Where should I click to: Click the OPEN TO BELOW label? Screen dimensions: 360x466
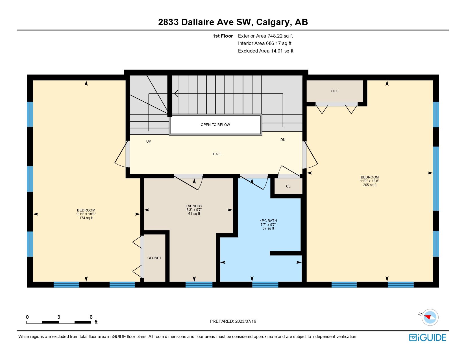click(x=215, y=125)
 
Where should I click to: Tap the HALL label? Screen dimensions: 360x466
click(x=217, y=154)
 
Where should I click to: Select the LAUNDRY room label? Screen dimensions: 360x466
click(x=194, y=206)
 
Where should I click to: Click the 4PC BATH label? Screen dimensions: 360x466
click(x=268, y=221)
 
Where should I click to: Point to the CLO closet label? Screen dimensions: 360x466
click(x=335, y=91)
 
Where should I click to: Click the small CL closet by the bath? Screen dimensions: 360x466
click(x=288, y=186)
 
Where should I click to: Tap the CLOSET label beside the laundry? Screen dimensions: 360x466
click(x=154, y=258)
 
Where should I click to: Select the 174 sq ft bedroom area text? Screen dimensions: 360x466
click(x=86, y=218)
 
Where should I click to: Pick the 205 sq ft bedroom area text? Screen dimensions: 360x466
click(x=370, y=185)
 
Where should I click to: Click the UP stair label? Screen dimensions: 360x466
click(x=149, y=141)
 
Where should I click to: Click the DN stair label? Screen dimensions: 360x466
click(x=283, y=139)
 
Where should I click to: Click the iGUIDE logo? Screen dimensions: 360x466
click(x=428, y=337)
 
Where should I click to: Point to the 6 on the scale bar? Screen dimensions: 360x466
click(x=91, y=317)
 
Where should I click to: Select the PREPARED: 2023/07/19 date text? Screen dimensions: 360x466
click(x=233, y=321)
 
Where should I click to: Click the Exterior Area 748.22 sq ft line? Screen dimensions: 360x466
click(x=265, y=36)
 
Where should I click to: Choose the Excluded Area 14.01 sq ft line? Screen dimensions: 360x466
click(x=265, y=51)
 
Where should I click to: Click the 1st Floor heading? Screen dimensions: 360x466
click(x=223, y=36)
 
